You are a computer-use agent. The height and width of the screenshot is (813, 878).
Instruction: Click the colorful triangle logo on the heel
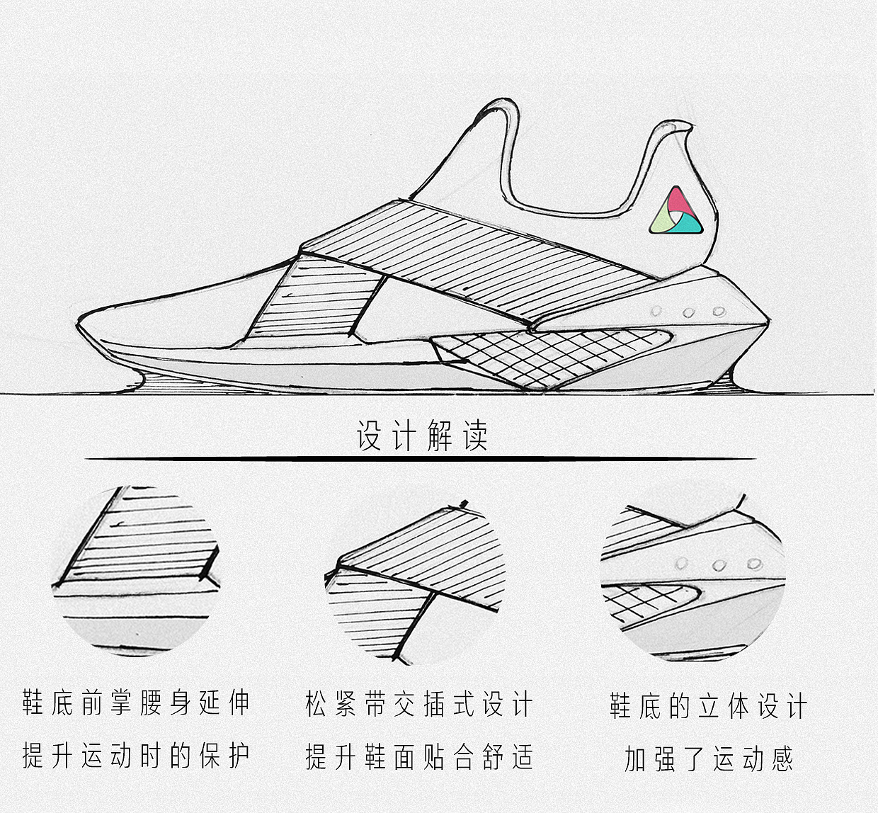tap(676, 212)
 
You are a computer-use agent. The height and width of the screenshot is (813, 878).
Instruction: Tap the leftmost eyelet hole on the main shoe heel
tap(656, 311)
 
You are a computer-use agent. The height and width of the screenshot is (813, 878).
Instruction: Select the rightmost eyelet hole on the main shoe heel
tap(719, 311)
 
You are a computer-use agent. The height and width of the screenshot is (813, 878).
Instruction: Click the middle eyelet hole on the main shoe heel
tap(688, 312)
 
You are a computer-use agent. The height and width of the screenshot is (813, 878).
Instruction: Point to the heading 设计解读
tap(422, 436)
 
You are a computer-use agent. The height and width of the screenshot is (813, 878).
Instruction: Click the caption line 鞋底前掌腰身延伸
tap(136, 703)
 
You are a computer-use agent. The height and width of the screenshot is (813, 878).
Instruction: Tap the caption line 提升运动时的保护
tap(136, 756)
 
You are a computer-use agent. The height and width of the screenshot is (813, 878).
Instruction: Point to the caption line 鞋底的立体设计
tap(708, 706)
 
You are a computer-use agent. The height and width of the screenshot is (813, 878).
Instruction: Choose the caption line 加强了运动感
tap(708, 758)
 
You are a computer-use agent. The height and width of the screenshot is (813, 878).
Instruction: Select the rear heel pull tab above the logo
tap(673, 132)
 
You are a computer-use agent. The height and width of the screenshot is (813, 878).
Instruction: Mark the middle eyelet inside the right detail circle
tap(719, 565)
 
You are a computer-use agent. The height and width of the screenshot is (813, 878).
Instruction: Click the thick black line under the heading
tap(421, 459)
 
